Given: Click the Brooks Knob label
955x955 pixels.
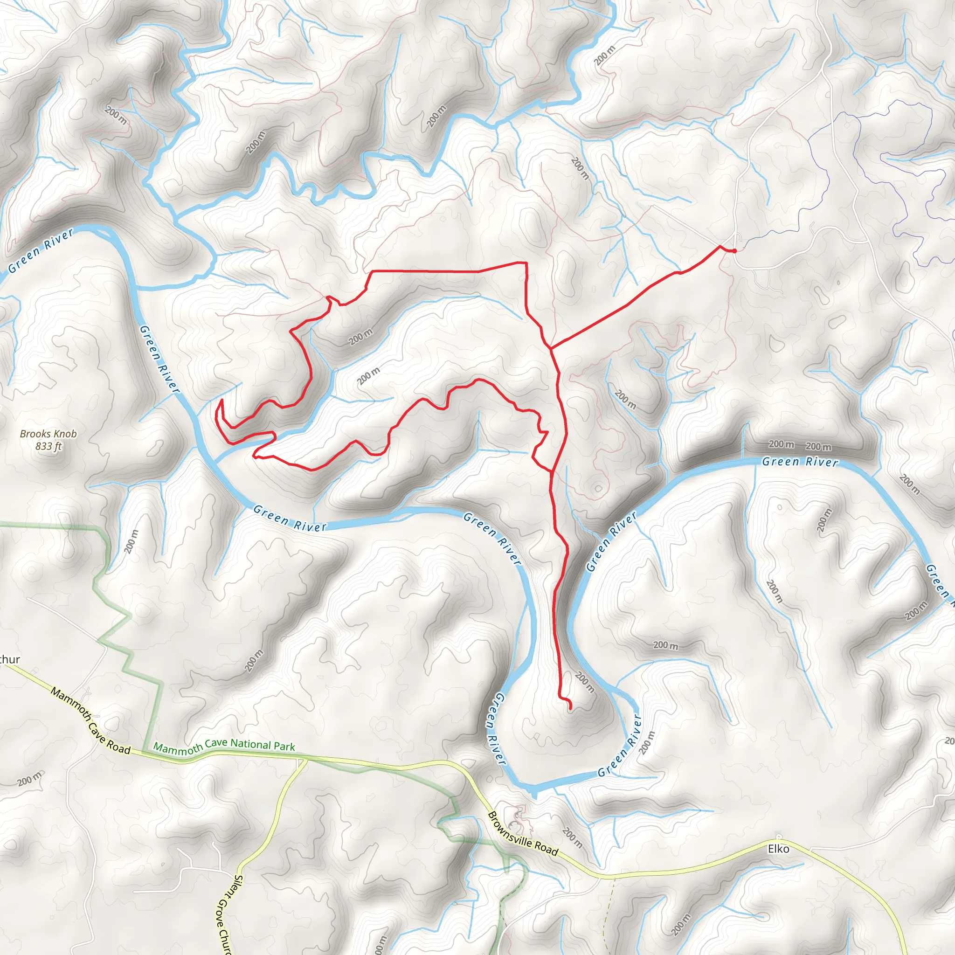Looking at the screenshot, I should (48, 434).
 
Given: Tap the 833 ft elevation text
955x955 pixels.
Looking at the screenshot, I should (48, 446).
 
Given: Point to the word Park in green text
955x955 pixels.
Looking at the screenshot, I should (284, 747).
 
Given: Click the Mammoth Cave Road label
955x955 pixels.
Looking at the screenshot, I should (90, 721).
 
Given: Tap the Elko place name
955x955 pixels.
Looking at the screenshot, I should (778, 849).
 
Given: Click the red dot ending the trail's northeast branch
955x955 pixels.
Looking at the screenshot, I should (734, 251).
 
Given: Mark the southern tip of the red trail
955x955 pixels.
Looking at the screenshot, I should (570, 709).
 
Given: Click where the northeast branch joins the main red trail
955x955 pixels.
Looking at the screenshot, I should (550, 348).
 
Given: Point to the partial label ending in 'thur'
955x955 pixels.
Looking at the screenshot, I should (10, 659).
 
